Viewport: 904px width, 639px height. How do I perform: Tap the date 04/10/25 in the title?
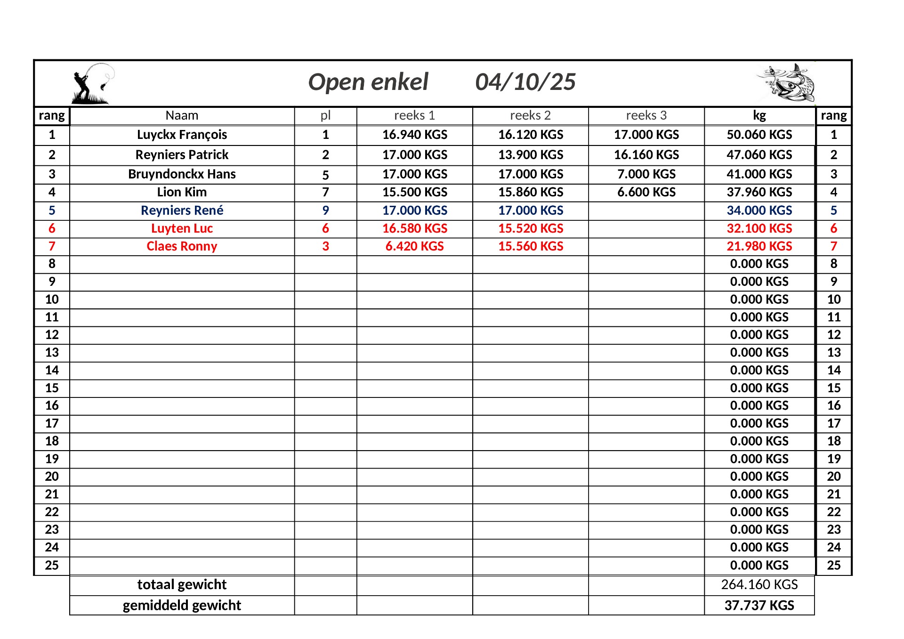525,82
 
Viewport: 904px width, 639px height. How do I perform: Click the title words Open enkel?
368,82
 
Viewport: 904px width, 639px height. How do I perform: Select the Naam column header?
182,116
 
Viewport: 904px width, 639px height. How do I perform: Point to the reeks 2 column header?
530,116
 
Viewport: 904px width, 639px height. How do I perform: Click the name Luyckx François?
182,135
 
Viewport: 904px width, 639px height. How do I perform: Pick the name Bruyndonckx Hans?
182,174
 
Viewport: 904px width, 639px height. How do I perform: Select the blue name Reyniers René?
182,210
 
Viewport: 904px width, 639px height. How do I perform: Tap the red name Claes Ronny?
182,246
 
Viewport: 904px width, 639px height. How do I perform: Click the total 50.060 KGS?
759,135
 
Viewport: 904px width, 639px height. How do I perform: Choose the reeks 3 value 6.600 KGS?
646,192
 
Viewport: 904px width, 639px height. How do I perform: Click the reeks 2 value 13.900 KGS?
531,155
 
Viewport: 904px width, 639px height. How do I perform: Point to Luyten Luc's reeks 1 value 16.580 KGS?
414,228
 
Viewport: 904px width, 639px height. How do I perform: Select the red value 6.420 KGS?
414,246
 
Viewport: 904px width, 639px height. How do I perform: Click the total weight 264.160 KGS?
759,585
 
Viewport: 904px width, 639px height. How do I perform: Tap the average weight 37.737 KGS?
759,606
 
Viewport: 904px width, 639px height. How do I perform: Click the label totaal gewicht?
182,585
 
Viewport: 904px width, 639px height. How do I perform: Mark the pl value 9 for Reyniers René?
325,210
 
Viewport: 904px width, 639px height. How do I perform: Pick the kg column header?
759,116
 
